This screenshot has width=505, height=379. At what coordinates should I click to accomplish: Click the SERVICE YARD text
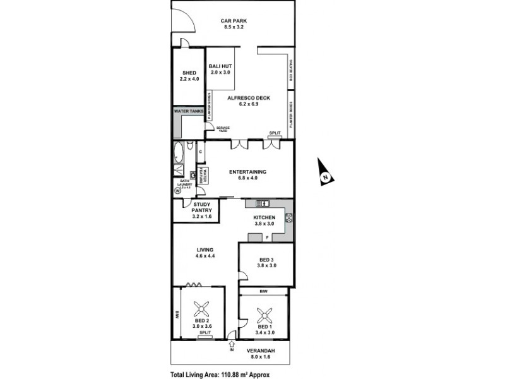point(223,129)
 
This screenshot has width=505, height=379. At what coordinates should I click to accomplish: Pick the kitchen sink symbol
point(262,203)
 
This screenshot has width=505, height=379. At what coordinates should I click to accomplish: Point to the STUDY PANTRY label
point(201,210)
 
